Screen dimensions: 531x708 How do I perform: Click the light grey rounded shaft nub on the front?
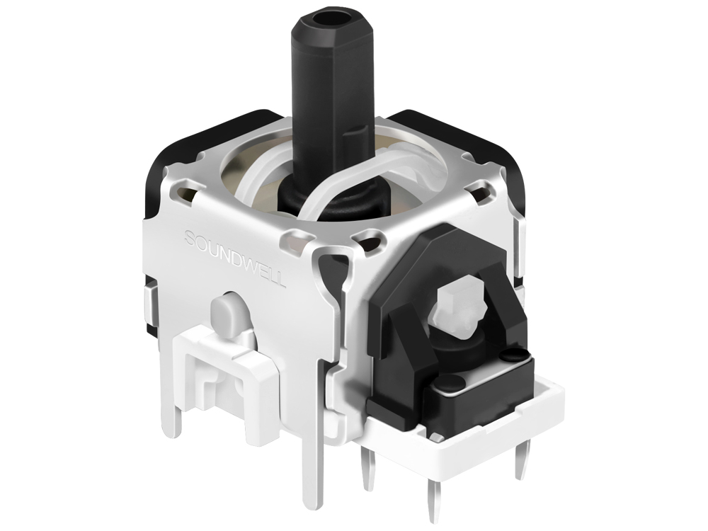coord(225,313)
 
